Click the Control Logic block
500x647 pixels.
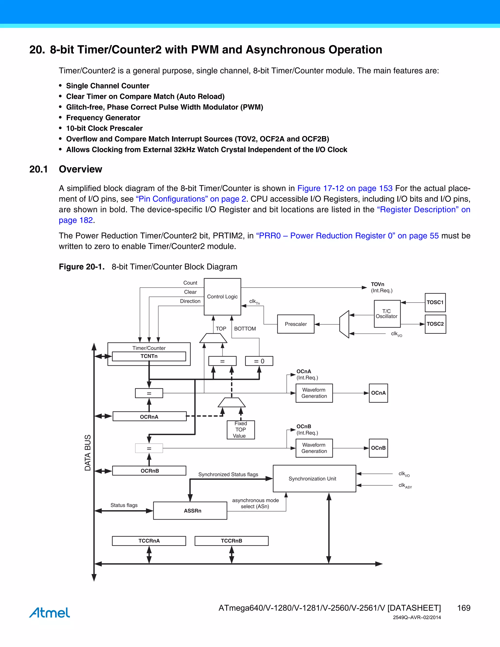coord(222,297)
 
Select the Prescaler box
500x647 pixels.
coord(296,324)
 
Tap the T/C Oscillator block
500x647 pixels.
coord(387,314)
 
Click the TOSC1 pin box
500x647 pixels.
coord(435,303)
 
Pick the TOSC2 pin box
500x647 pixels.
coord(435,324)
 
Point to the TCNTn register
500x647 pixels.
coord(149,356)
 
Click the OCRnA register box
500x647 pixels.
coord(149,417)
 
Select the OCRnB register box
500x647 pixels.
coord(149,471)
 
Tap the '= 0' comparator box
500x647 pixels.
coord(259,361)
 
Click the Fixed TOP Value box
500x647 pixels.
coord(240,429)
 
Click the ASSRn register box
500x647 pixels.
coord(190,511)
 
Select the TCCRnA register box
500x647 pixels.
coord(149,541)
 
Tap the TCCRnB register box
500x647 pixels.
coord(231,541)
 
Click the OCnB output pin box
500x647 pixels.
coord(378,448)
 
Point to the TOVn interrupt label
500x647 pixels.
coord(377,284)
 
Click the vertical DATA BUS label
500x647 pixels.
coord(88,453)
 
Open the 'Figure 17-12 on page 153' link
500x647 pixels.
coord(345,188)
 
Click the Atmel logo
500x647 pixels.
coord(50,612)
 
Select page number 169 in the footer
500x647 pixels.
coord(464,608)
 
